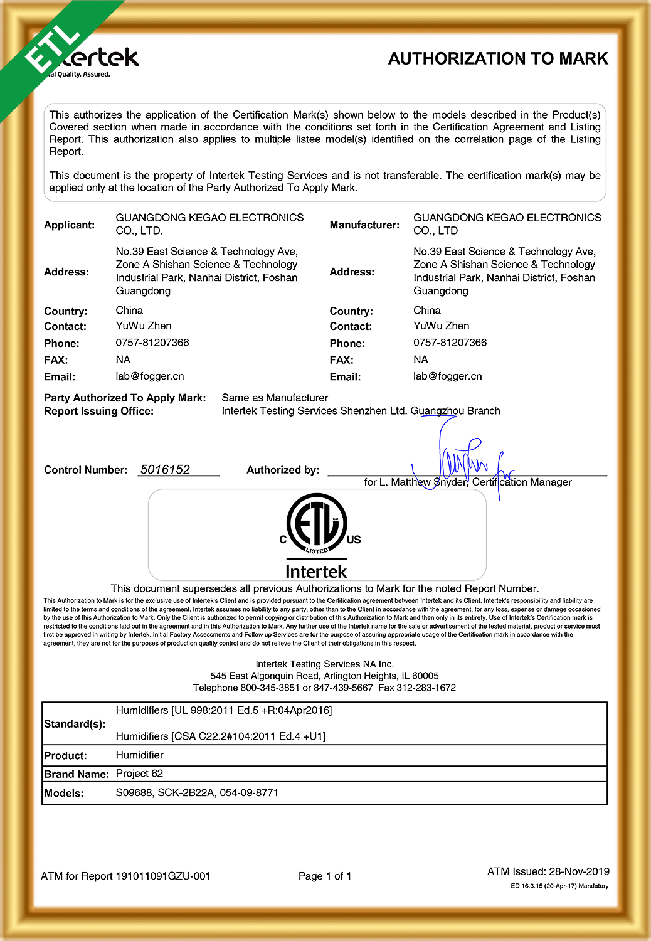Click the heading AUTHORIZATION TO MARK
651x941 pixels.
click(498, 59)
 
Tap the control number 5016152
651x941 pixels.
click(165, 469)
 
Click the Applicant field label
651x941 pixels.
click(69, 225)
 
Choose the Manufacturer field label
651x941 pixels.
click(364, 225)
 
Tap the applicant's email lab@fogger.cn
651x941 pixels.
click(150, 376)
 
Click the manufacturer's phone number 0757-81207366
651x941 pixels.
click(450, 343)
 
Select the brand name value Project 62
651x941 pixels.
click(139, 774)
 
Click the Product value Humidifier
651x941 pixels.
click(139, 755)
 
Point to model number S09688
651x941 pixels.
click(134, 792)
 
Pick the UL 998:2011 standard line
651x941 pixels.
click(224, 710)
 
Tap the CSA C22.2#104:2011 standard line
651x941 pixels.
click(221, 736)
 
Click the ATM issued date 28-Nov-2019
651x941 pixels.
click(579, 871)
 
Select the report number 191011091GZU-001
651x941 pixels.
click(163, 876)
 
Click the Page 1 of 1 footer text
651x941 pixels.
click(325, 876)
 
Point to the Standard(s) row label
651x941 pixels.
click(74, 724)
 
